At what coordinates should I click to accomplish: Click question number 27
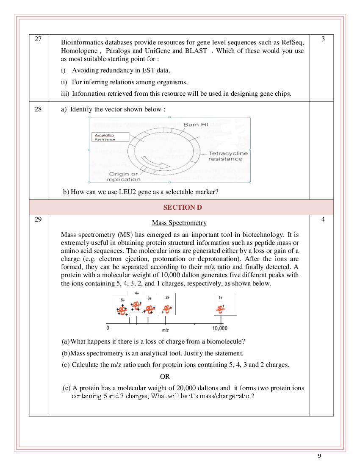click(38, 39)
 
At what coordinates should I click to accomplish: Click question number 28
click(38, 109)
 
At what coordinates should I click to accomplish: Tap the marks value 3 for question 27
click(323, 39)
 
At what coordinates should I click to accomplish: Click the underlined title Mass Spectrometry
click(179, 223)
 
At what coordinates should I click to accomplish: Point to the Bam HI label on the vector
click(196, 125)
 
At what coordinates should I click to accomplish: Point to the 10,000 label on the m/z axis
click(219, 328)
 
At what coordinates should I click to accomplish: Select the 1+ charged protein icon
click(221, 308)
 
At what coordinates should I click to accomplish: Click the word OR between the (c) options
click(165, 376)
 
